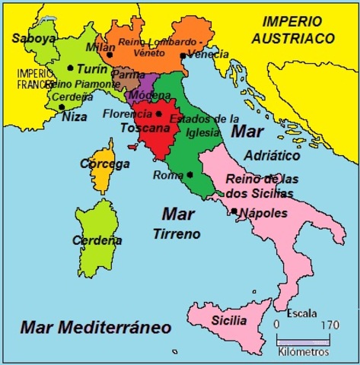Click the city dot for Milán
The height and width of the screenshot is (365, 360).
tap(110, 54)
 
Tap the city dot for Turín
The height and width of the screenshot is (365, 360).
tap(70, 68)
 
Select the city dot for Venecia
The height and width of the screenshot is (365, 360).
tap(183, 56)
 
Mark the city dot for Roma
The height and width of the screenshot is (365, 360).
tap(189, 174)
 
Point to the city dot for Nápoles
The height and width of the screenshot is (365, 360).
tap(234, 211)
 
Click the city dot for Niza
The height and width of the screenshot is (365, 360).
tap(62, 106)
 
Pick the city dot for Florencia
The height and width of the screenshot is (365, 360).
tap(159, 114)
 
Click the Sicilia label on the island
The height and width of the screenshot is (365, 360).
tap(228, 320)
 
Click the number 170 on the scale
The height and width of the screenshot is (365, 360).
tap(329, 325)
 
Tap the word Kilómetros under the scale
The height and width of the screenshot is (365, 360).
tap(302, 352)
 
